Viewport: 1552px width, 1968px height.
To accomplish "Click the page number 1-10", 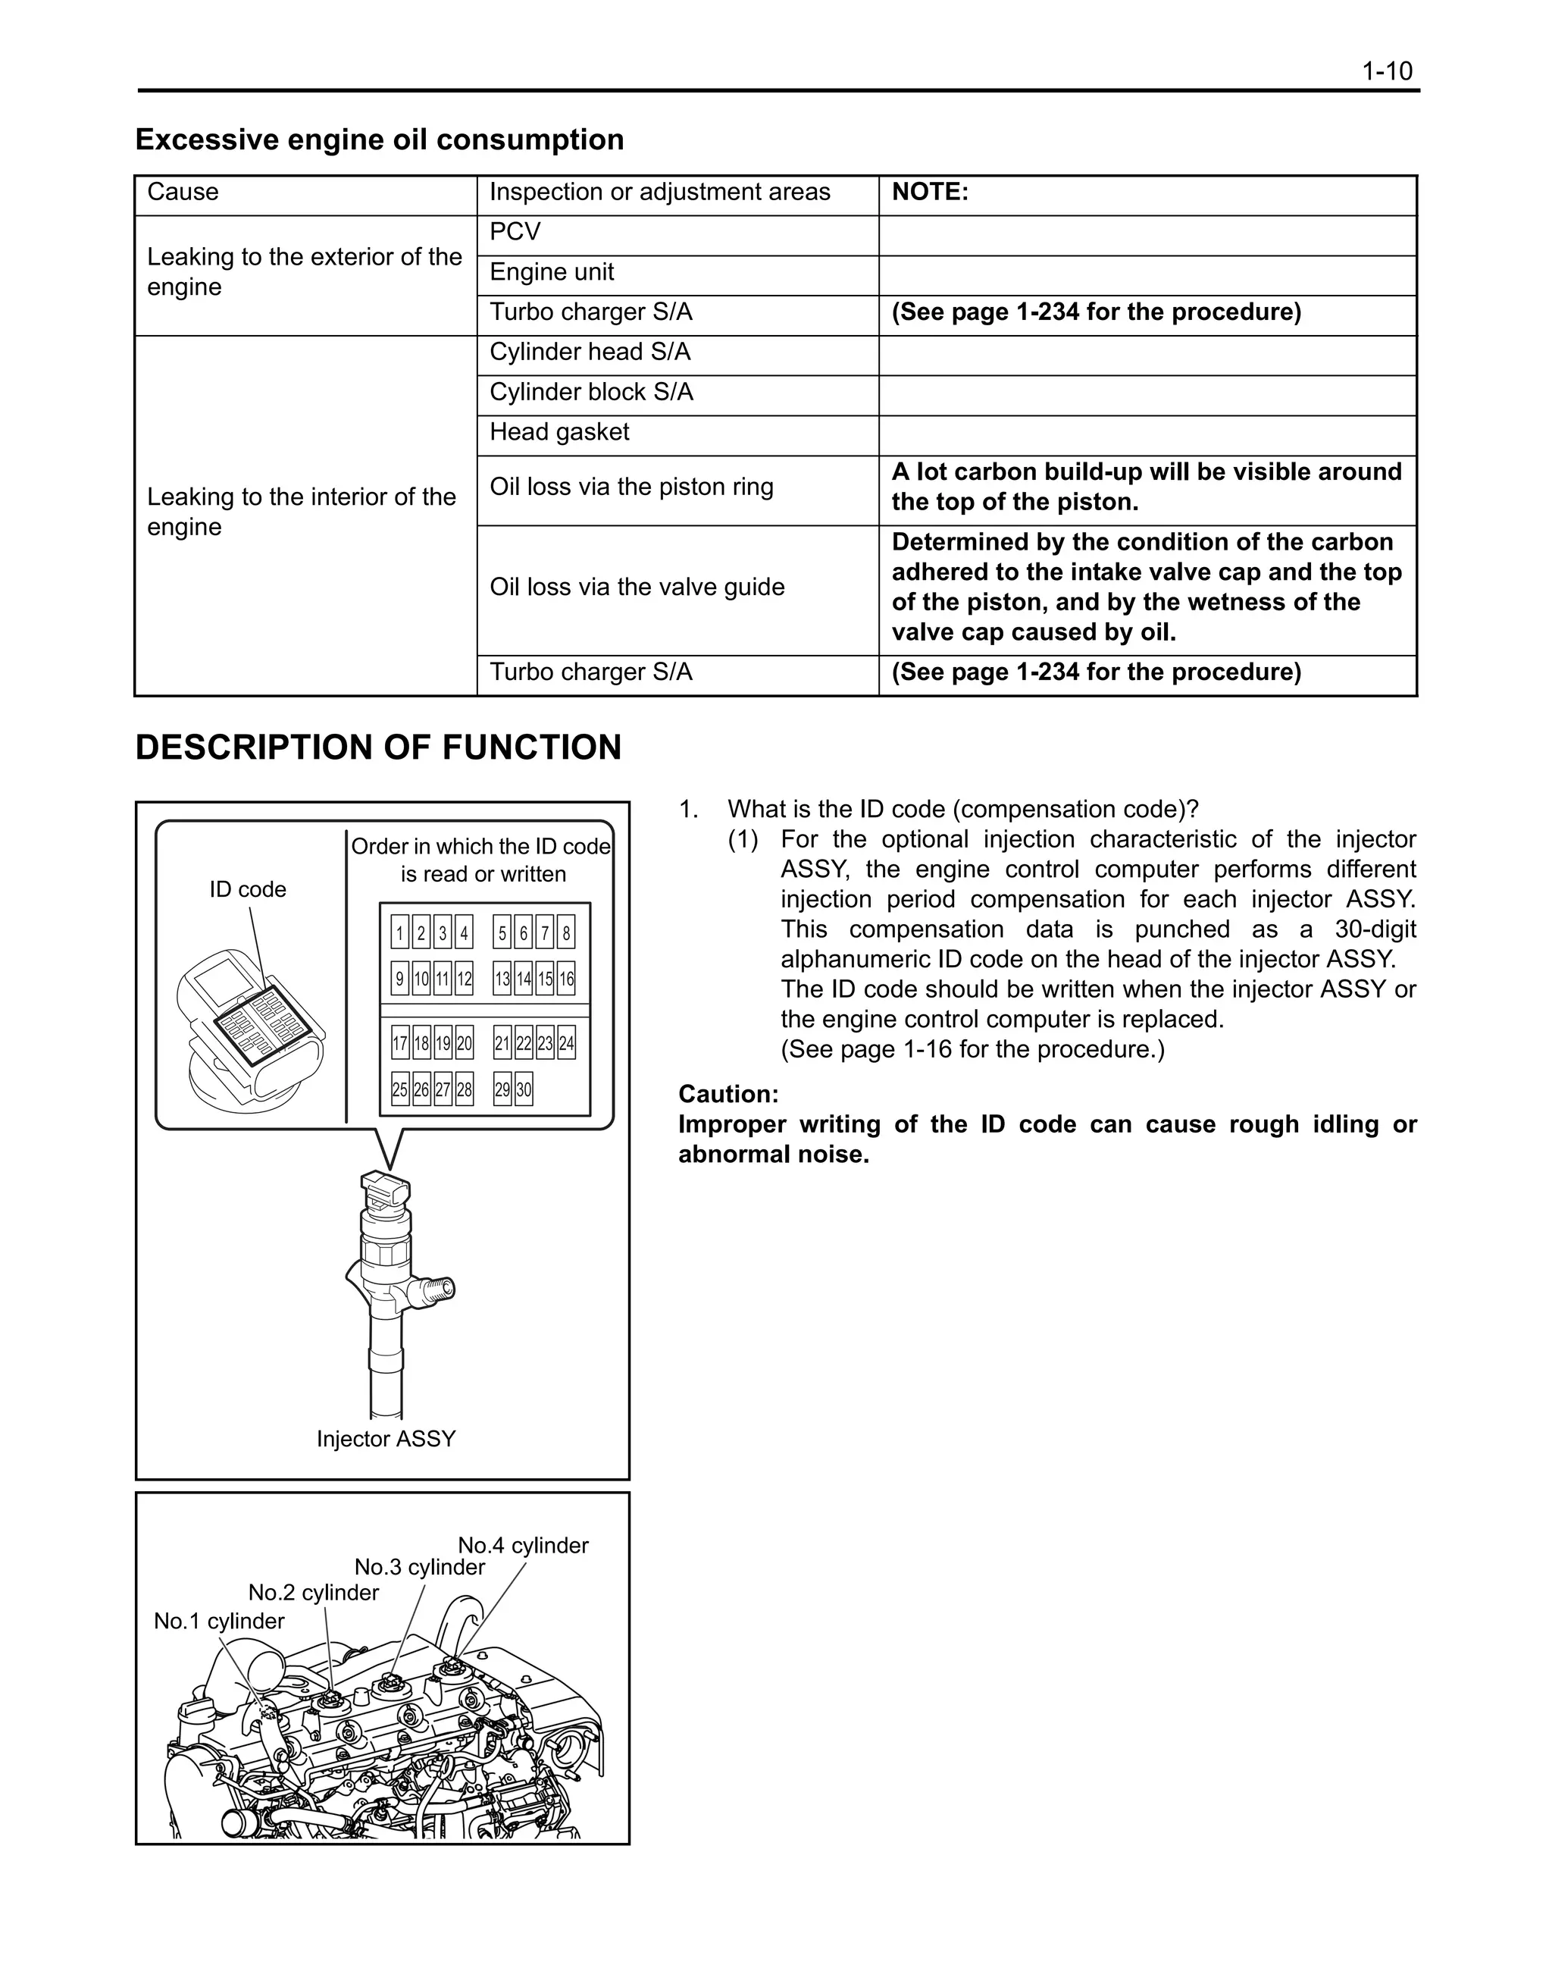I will (1387, 71).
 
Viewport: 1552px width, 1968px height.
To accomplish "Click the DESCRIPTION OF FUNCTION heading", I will (378, 747).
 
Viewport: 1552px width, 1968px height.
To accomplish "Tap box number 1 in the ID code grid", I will (400, 932).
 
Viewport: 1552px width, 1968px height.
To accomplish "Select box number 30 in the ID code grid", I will (524, 1090).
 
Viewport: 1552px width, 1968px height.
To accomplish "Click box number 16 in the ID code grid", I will (566, 979).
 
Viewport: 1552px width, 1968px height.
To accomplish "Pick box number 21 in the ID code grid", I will (502, 1044).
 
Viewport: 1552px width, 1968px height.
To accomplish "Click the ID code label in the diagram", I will (247, 889).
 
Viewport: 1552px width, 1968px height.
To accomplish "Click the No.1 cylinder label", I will (219, 1621).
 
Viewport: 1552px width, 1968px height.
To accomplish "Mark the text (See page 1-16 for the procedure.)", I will (972, 1050).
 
